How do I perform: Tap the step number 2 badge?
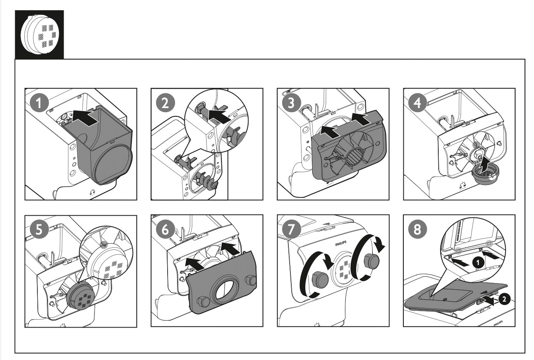click(166, 103)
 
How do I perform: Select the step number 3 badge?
click(291, 103)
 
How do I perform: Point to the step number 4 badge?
click(418, 103)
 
